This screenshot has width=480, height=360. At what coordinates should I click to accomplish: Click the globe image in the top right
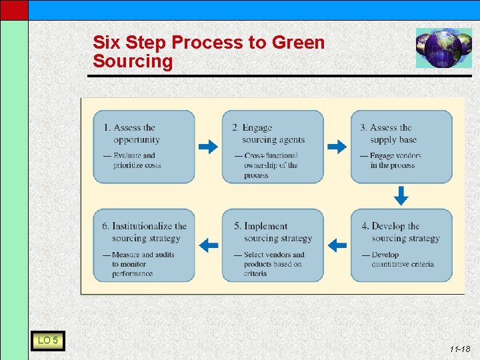tap(443, 48)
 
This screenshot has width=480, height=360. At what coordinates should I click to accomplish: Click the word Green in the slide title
tap(298, 43)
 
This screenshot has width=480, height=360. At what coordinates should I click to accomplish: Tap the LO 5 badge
tap(47, 341)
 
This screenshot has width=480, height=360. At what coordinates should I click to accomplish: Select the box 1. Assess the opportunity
tap(143, 147)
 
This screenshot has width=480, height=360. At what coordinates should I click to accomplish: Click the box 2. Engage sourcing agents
tap(272, 147)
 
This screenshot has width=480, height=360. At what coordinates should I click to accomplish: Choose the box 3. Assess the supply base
tap(401, 147)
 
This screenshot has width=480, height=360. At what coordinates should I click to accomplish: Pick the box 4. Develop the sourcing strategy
tap(401, 245)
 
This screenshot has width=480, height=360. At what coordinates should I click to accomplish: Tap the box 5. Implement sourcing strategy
tap(272, 245)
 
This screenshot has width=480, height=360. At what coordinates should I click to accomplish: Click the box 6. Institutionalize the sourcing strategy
tap(143, 245)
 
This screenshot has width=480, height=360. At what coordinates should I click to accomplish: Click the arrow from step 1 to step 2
tap(209, 147)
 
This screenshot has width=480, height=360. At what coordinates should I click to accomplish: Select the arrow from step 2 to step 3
tap(337, 147)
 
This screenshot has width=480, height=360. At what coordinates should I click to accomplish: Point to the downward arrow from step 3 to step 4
tap(401, 196)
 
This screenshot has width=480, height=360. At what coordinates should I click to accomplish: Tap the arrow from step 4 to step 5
tap(338, 245)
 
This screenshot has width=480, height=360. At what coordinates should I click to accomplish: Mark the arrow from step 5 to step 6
tap(209, 245)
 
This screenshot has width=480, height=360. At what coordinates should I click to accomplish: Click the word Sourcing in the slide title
tap(133, 62)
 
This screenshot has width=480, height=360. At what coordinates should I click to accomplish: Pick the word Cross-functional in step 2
tap(271, 156)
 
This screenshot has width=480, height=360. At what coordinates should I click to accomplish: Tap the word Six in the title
tap(107, 43)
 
